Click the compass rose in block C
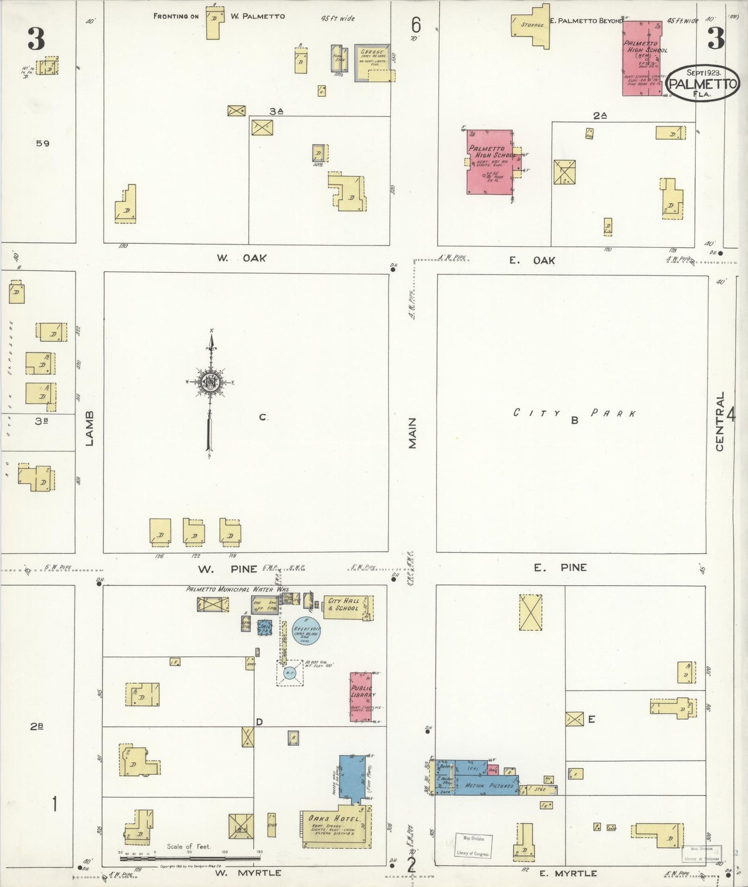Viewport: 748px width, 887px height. coord(211,382)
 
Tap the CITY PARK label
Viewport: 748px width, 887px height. coord(574,413)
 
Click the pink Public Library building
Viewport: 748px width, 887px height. coord(361,697)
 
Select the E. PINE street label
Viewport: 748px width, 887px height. coord(560,568)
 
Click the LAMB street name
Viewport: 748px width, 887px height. coord(90,428)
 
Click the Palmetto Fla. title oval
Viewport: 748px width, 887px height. coord(702,84)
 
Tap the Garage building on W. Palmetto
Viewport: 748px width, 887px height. coord(372,63)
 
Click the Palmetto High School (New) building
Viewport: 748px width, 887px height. coord(642,58)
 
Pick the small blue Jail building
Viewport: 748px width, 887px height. coord(265,627)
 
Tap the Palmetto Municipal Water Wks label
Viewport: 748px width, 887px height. coord(237,589)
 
